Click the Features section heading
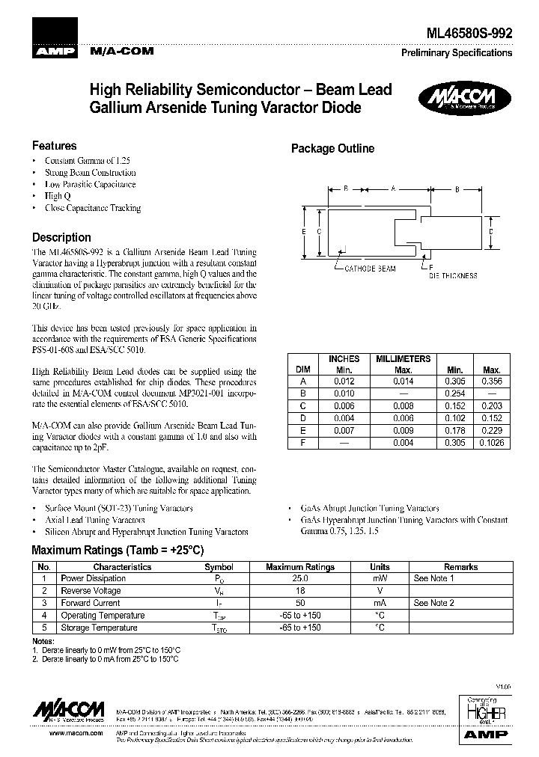54,146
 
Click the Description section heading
61,237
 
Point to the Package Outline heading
332,149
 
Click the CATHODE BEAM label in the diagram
370,267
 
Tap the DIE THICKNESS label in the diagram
452,275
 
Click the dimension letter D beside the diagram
490,232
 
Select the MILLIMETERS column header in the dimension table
403,359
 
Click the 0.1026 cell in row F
491,443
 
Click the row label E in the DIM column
303,431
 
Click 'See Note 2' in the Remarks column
433,603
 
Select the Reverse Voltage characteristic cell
91,591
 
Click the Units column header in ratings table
380,567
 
